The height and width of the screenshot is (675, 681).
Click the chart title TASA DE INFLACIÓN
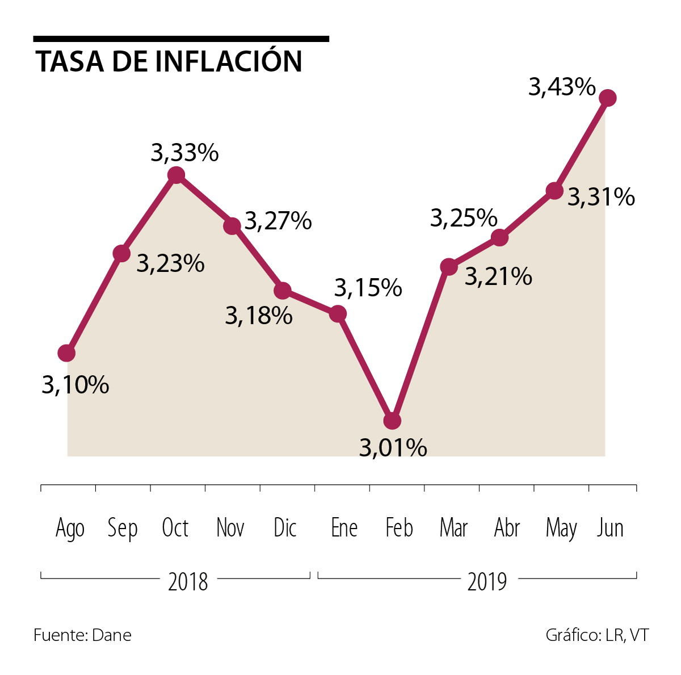tap(169, 61)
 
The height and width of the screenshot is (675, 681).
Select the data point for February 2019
tap(392, 421)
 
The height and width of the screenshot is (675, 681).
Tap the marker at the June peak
tap(607, 98)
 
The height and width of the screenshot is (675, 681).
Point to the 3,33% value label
tap(184, 153)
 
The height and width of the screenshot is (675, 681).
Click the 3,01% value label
tap(393, 448)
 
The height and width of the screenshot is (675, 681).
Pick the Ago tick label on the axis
tap(70, 529)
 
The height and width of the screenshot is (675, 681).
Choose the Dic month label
tap(285, 528)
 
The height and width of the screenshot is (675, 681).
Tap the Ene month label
tap(344, 528)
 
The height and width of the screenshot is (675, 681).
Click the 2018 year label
tap(188, 581)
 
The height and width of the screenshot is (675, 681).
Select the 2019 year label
tap(487, 581)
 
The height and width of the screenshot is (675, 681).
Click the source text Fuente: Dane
tap(82, 635)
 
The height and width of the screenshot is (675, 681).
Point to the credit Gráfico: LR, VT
tap(597, 635)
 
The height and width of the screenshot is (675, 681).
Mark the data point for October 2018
tap(176, 175)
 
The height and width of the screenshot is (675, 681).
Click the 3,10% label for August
tap(75, 385)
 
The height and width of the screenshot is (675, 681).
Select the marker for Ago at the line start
tap(66, 353)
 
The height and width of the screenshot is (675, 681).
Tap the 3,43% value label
tap(562, 87)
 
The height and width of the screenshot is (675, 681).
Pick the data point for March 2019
tap(448, 266)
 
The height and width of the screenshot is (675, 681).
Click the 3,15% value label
tap(368, 288)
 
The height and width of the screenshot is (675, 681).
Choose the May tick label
tap(561, 529)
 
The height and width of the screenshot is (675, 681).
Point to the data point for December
tap(283, 291)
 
